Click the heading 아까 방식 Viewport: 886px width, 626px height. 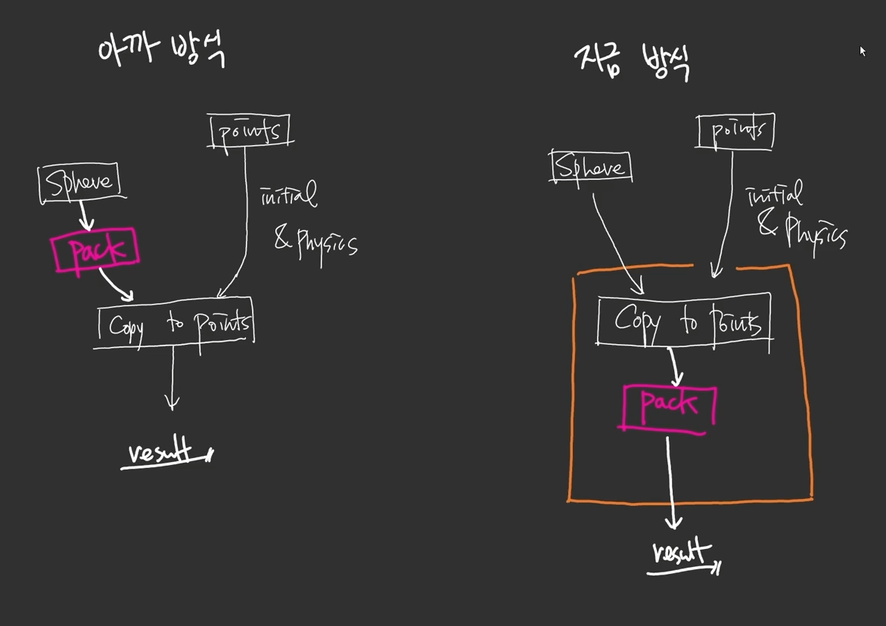(161, 51)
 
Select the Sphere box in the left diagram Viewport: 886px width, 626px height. (79, 183)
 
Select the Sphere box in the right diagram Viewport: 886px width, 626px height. (591, 167)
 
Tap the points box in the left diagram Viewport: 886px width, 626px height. (249, 132)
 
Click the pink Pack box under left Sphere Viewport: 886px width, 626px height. (95, 251)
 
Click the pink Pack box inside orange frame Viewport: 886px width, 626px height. (669, 406)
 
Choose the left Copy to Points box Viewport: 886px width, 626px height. (176, 324)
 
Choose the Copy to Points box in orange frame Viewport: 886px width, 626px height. (685, 321)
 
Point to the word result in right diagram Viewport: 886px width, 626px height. (682, 553)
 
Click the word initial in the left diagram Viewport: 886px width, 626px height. (288, 195)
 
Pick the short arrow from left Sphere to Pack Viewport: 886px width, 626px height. (85, 215)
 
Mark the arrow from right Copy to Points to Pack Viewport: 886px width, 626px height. (674, 366)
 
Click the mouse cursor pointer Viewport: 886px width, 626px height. (862, 51)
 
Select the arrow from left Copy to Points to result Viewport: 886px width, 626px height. (173, 378)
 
